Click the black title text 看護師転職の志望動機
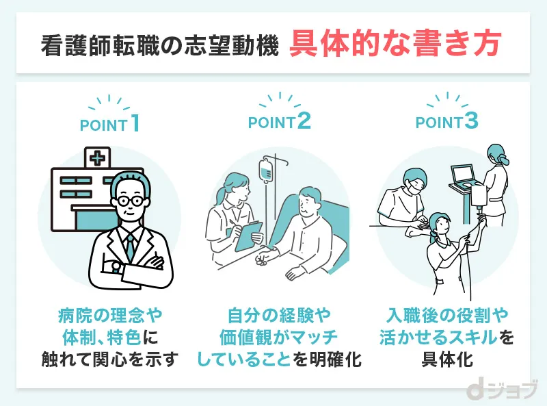coord(159,46)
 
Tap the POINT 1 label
coord(109,125)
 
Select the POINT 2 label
coord(279,123)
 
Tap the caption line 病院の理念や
coord(109,316)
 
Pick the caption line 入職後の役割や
coord(447,316)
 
